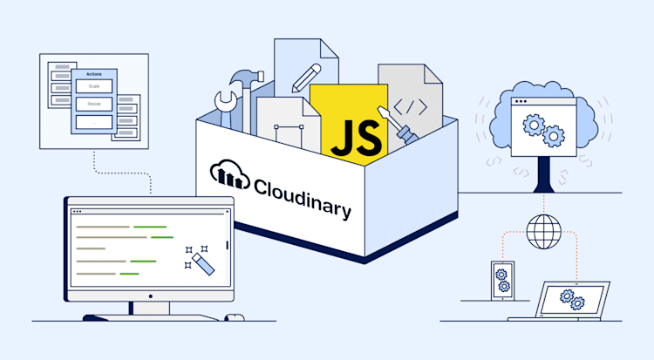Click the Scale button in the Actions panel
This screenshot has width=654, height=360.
[93, 86]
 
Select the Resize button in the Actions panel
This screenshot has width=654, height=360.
[93, 104]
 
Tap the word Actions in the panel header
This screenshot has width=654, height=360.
[93, 73]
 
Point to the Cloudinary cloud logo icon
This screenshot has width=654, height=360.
[230, 175]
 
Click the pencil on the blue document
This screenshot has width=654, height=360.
[306, 76]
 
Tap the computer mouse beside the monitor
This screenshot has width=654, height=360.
[234, 316]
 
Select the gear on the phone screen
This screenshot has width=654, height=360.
[502, 281]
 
